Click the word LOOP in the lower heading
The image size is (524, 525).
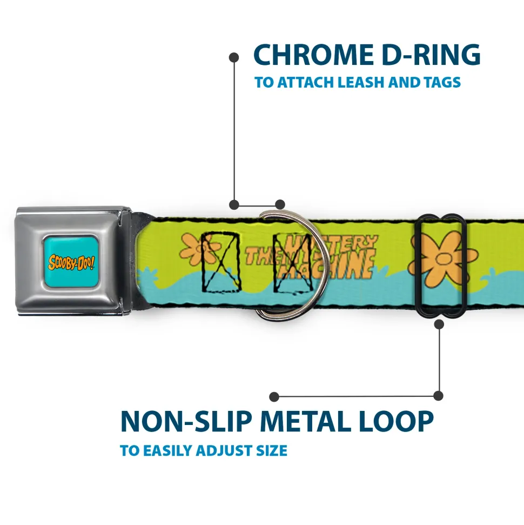394,422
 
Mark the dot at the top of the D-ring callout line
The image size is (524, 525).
234,57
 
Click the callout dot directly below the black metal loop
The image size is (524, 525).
439,324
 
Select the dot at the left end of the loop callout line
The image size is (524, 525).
274,397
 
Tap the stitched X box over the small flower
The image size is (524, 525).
220,262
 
